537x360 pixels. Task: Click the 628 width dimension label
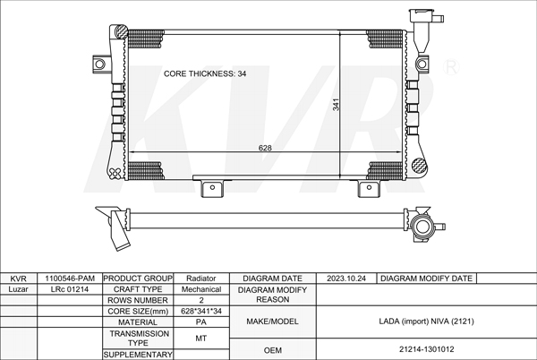(x=265, y=148)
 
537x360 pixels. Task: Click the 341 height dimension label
(x=336, y=105)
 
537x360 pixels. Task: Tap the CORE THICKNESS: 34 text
(x=205, y=73)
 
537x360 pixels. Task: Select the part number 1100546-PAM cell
(x=70, y=279)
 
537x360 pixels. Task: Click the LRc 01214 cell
(x=70, y=289)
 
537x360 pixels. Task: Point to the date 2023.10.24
(x=345, y=279)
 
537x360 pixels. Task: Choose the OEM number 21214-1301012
(x=426, y=349)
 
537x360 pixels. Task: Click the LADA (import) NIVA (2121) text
(x=426, y=321)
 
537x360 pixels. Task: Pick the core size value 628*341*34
(x=201, y=311)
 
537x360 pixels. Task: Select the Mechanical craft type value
(x=201, y=289)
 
